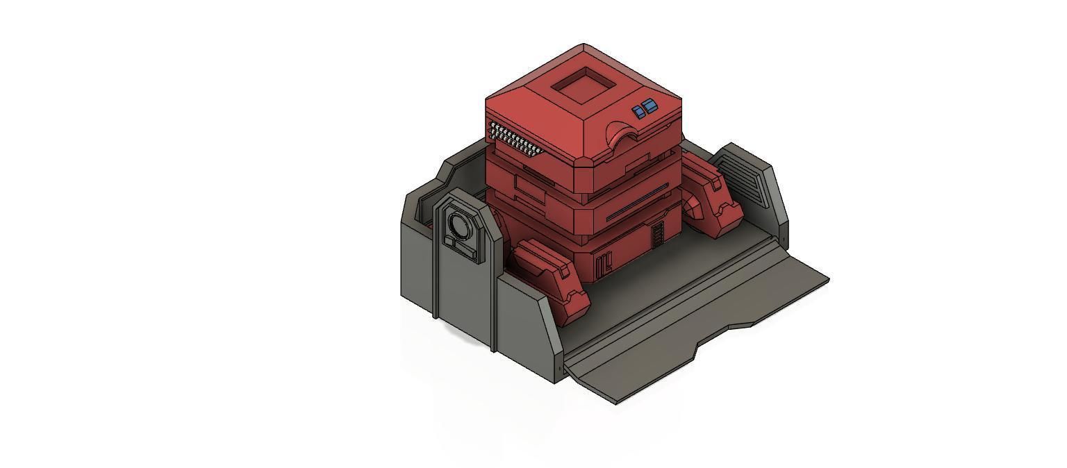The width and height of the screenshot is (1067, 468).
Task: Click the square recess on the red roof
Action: click(x=583, y=86)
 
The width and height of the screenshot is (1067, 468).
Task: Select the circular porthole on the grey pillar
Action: click(x=459, y=224)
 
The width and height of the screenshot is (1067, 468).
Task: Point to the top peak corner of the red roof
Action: click(x=584, y=46)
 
